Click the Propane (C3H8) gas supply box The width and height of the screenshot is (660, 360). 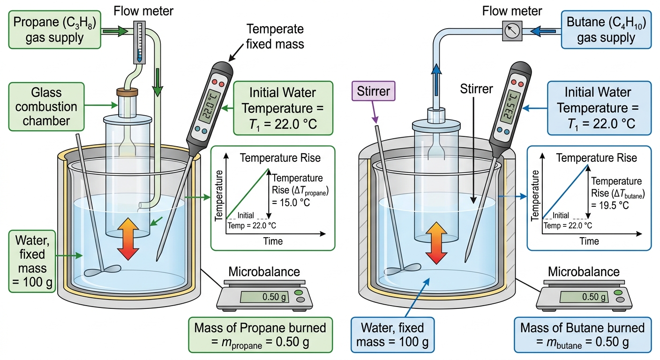[x=55, y=30]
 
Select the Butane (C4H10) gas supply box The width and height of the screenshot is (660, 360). [x=606, y=30]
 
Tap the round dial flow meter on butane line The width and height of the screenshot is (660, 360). [x=512, y=31]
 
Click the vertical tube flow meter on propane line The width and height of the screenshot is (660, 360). [x=139, y=43]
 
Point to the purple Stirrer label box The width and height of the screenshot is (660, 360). [x=373, y=91]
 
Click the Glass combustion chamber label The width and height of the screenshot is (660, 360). [x=46, y=107]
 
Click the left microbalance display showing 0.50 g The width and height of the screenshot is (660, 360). [x=264, y=297]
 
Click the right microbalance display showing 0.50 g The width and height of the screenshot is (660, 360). [x=584, y=297]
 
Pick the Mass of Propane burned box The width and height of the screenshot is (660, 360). [x=261, y=335]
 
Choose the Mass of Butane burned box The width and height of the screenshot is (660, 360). [x=583, y=335]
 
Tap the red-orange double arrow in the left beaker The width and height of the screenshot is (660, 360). [x=128, y=239]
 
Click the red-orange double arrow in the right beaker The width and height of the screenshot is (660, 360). [x=436, y=243]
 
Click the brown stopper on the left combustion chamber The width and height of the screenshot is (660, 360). [x=127, y=91]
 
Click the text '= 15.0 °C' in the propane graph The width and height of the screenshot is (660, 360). [x=291, y=202]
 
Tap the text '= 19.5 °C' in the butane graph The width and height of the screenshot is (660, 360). [x=610, y=205]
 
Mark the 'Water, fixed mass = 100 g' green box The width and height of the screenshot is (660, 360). [x=32, y=261]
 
